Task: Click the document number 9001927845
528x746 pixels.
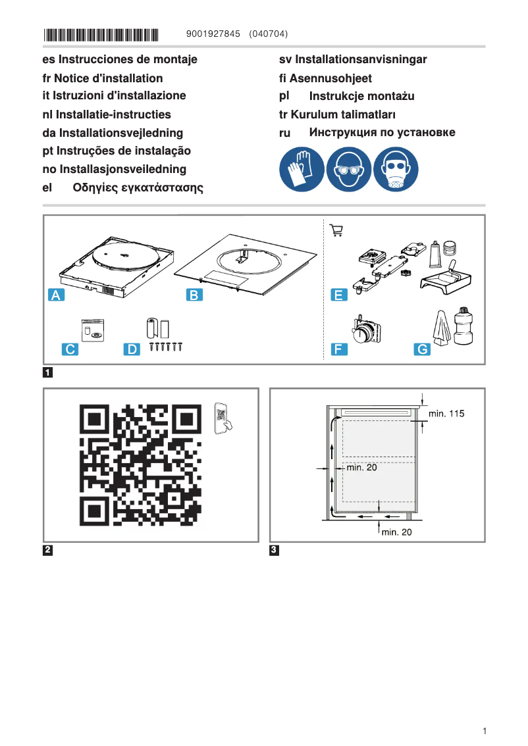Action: pos(214,34)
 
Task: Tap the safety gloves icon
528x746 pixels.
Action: pos(302,170)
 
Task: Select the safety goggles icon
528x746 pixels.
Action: pos(349,170)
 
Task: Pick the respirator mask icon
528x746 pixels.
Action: pos(396,170)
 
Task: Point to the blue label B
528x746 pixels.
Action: pos(194,295)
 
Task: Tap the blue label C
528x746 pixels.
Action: pos(69,349)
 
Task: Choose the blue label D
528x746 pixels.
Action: pos(133,349)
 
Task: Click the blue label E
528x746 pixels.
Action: pos(338,295)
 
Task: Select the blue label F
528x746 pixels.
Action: pos(338,349)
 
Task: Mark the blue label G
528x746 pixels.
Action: pos(421,349)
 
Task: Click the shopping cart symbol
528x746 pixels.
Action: pos(336,230)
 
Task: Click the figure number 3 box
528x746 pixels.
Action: pos(275,550)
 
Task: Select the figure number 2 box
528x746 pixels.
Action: pos(48,550)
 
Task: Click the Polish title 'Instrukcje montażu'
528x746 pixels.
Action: pos(361,97)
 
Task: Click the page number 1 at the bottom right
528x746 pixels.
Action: pos(484,731)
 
